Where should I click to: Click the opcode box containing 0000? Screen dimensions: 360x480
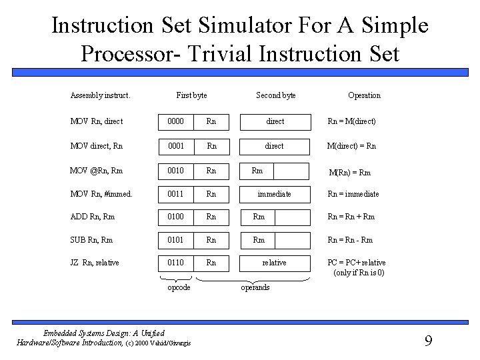(x=175, y=121)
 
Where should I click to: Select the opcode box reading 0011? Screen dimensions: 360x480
(x=175, y=194)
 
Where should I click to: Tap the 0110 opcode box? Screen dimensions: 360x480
(x=175, y=263)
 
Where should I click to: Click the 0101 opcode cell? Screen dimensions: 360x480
(x=175, y=239)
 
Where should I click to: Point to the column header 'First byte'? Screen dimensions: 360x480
(x=191, y=95)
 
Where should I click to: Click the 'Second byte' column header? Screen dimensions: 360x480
(x=276, y=95)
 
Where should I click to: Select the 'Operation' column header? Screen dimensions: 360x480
(x=364, y=95)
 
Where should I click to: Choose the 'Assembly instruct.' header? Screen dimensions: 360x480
(x=100, y=95)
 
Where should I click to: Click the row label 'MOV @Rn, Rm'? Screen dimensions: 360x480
(x=98, y=171)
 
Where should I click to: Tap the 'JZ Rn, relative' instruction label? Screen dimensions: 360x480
(x=95, y=263)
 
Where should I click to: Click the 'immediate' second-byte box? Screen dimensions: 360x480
(x=275, y=194)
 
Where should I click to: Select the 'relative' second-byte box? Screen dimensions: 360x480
(x=274, y=263)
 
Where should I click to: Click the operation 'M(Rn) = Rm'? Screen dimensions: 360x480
(x=350, y=173)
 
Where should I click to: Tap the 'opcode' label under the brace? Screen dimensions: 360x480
(x=179, y=287)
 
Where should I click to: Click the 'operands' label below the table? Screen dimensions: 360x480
(x=255, y=287)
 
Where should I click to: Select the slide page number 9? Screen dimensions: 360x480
(x=428, y=341)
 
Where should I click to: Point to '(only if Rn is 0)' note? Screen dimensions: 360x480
(x=359, y=273)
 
